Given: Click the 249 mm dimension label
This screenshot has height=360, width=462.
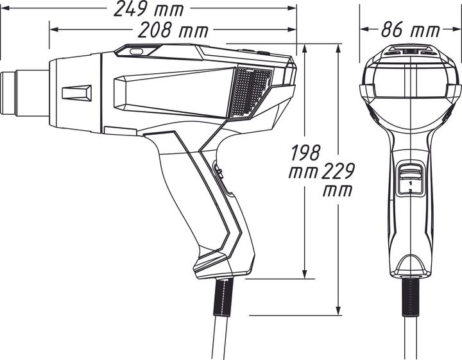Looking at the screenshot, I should pos(148,10).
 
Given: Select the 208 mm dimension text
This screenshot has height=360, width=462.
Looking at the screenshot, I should pos(169,30).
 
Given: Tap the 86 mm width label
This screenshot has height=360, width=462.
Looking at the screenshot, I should pos(410,30).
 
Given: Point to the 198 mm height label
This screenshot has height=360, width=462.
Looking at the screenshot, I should pos(305,162).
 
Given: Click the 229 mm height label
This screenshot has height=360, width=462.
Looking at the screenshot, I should pos(338,180).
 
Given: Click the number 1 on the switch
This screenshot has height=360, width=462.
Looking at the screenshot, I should pos(409,183).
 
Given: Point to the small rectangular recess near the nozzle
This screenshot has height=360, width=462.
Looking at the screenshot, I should pos(76,92).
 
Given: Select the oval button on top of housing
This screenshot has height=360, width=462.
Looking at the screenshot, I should pos(136,51).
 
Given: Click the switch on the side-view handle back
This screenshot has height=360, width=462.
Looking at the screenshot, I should pos(218,175).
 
